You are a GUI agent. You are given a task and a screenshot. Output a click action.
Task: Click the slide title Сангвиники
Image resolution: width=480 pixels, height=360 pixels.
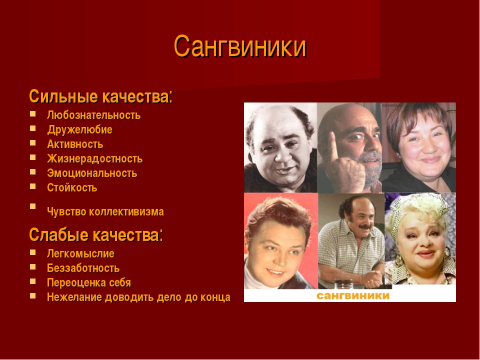click(240, 46)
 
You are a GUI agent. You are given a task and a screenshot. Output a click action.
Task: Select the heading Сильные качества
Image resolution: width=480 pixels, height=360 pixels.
click(100, 96)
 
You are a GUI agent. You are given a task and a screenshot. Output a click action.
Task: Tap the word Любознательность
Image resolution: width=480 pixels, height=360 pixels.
click(93, 115)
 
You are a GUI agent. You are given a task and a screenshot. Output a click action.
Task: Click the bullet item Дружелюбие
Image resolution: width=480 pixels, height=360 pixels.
click(79, 129)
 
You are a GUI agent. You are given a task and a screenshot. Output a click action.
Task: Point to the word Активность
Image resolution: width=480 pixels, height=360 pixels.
click(75, 144)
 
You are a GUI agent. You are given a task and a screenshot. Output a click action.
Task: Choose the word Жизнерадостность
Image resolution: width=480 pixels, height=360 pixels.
click(94, 158)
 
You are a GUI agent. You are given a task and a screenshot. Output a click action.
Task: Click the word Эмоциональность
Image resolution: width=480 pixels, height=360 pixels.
click(92, 173)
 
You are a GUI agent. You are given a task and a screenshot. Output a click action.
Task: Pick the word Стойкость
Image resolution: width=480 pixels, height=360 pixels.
click(72, 187)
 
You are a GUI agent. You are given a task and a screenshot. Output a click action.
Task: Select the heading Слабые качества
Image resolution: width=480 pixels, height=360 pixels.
click(96, 235)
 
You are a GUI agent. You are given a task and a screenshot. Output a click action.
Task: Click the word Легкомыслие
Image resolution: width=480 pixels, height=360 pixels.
click(80, 253)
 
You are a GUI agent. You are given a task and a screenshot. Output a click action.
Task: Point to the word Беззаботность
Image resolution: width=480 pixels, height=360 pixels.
click(83, 268)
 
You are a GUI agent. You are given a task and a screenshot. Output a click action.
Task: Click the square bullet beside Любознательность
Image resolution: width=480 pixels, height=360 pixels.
click(33, 114)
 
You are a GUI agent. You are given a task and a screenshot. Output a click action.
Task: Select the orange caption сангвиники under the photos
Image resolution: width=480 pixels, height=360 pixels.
click(352, 295)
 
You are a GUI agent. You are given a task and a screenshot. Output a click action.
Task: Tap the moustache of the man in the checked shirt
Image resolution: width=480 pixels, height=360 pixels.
click(365, 227)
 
